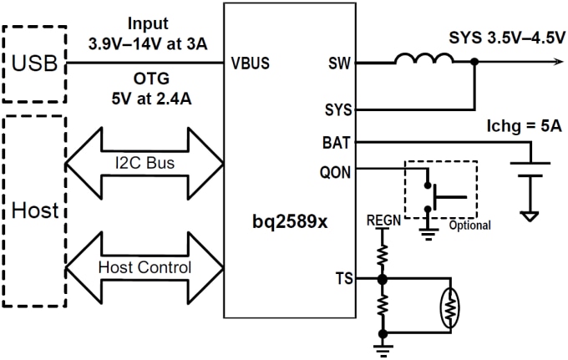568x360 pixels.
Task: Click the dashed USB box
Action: point(33,64)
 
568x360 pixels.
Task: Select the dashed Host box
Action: point(33,210)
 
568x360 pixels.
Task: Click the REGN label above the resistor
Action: point(383,221)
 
